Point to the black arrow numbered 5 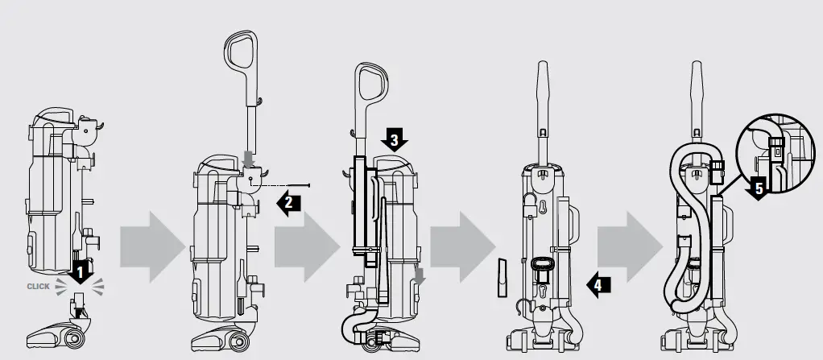click(x=756, y=190)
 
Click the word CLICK click(x=39, y=285)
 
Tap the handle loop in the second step click(x=241, y=53)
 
